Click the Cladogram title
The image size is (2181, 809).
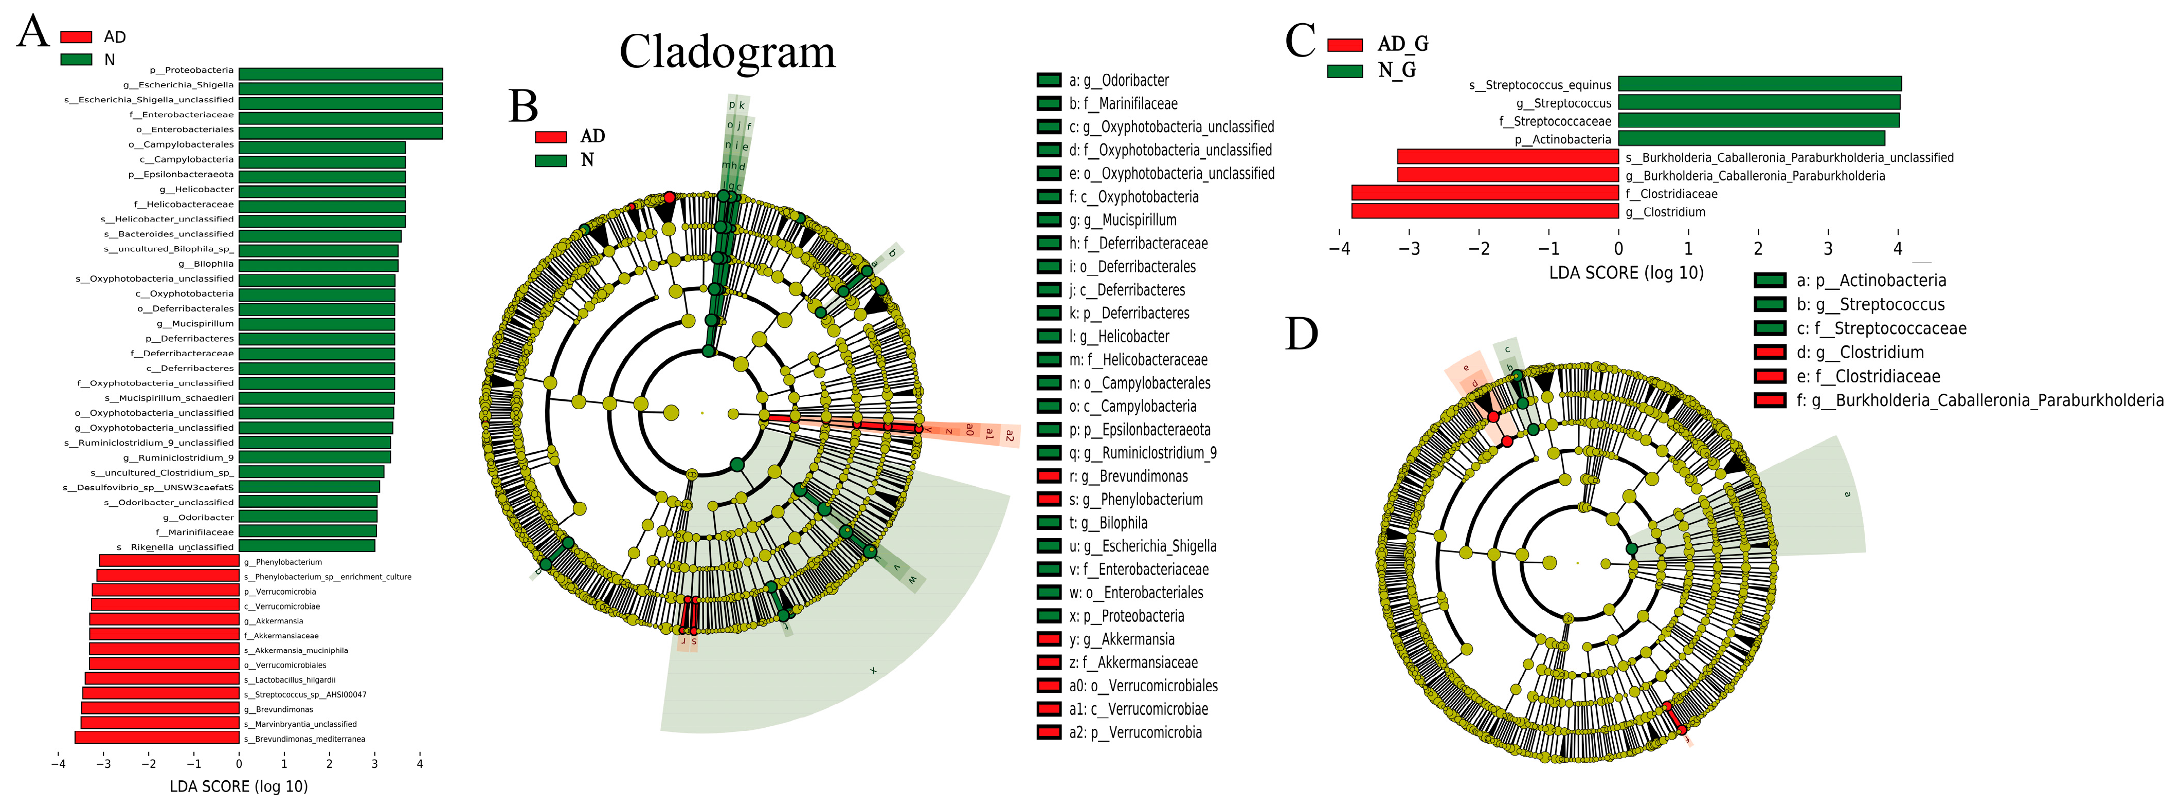[x=727, y=52]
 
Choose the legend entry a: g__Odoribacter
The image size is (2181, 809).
[x=1117, y=80]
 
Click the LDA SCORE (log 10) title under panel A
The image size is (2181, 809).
[x=239, y=787]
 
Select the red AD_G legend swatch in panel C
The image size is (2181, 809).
[x=1344, y=45]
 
